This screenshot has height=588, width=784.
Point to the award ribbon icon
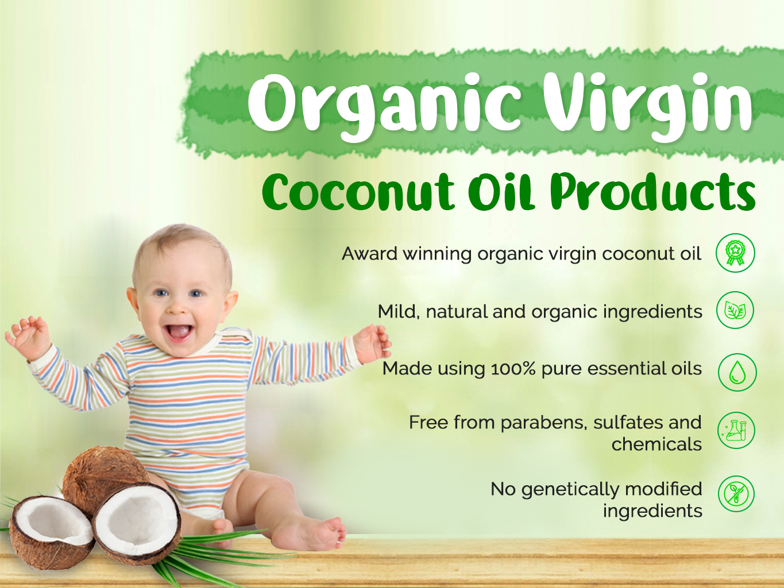click(735, 253)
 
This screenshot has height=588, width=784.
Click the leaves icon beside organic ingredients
click(735, 310)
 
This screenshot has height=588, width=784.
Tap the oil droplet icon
click(737, 372)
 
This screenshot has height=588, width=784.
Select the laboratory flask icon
click(736, 431)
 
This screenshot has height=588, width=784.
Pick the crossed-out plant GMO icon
click(736, 494)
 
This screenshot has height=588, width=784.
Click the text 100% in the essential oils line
click(513, 369)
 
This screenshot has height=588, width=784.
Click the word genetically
click(570, 490)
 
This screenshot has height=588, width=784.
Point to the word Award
click(369, 254)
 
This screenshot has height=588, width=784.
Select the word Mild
click(399, 311)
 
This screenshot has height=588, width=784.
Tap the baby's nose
click(176, 308)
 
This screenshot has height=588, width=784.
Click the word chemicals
click(656, 444)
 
